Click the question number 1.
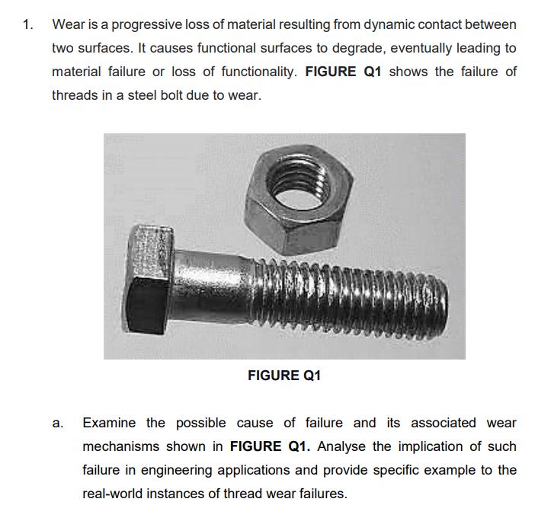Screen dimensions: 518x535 27,24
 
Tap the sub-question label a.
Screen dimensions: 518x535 57,423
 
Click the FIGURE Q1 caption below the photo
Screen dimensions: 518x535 284,375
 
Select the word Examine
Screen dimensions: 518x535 109,423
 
